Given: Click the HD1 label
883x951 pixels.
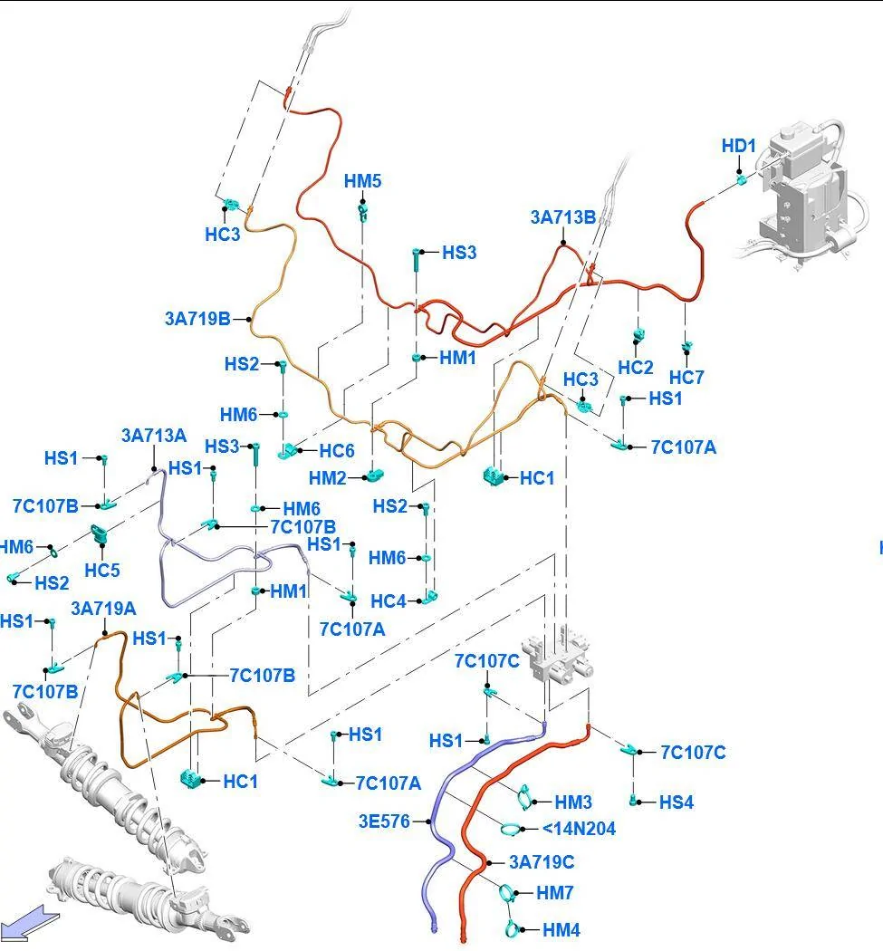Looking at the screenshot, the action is point(739,146).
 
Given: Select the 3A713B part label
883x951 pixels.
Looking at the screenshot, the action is point(562,217).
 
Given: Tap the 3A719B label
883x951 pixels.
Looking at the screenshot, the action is point(197,319).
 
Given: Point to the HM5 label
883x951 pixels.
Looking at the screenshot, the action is point(362,181).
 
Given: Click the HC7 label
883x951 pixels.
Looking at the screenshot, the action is point(686,378).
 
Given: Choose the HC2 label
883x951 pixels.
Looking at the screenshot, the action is point(636,367).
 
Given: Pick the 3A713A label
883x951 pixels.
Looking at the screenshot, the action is point(154,436).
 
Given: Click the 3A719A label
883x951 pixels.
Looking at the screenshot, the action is point(104,609).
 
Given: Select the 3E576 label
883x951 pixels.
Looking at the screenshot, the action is point(385,821).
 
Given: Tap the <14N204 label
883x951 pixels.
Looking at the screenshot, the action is point(580,829).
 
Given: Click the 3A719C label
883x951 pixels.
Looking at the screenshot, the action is point(542,862).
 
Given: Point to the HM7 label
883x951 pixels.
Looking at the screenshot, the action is point(555,893).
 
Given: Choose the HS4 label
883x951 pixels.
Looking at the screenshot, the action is point(677,802).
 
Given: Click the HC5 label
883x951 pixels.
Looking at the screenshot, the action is point(101,570).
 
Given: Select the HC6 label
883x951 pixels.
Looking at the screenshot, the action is point(337,451).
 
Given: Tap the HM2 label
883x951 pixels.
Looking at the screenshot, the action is point(328,478).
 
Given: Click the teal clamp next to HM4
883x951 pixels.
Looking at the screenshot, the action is point(513,928).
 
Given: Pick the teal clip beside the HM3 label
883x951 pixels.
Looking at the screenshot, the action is point(525,796).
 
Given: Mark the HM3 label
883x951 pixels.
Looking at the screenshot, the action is point(573,802).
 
